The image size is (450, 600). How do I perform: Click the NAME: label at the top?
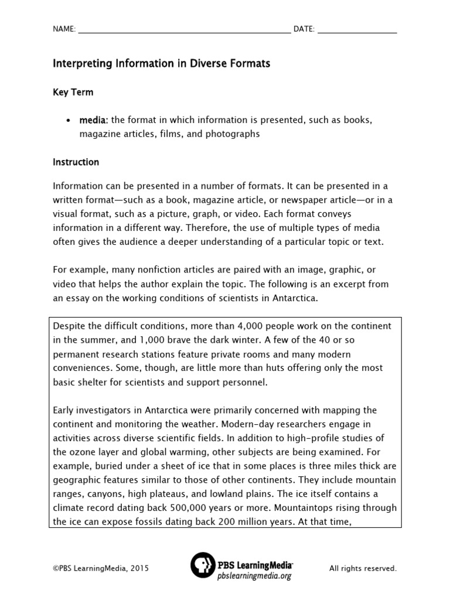[x=64, y=29]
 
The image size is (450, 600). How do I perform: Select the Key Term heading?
[x=73, y=92]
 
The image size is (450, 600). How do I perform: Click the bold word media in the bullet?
[x=93, y=120]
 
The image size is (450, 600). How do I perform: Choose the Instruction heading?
[x=76, y=162]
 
